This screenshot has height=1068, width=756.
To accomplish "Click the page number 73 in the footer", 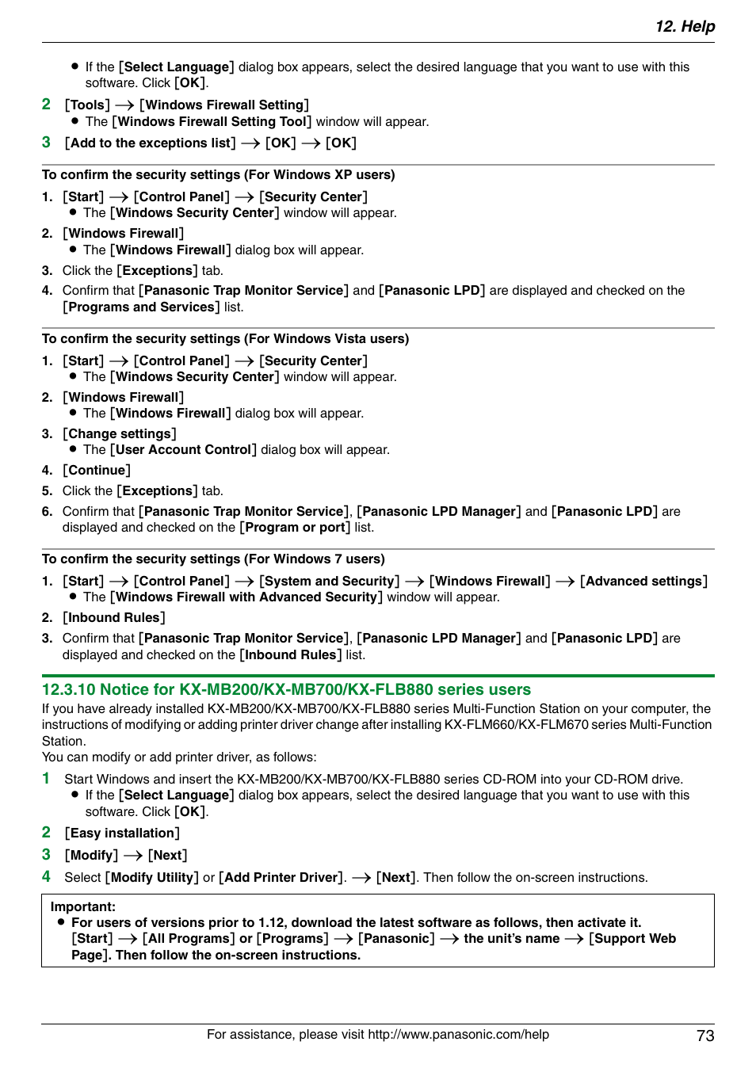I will [x=705, y=1036].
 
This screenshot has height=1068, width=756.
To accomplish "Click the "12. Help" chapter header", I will [x=685, y=26].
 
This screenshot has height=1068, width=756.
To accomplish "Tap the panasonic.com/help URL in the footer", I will [x=458, y=1034].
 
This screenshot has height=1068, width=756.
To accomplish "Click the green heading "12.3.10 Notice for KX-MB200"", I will [x=286, y=689].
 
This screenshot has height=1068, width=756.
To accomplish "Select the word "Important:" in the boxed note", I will [x=83, y=906].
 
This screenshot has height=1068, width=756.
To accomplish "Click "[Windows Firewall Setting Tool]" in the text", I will [x=212, y=121].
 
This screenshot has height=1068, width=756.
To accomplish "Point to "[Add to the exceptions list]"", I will [x=151, y=143].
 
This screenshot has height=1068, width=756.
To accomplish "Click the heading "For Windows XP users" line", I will [x=218, y=174].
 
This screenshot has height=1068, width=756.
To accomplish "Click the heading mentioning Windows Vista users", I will [x=225, y=338].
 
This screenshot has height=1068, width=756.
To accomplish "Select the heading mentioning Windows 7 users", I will [x=213, y=559].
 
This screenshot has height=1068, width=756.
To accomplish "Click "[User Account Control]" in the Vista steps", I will [x=183, y=449].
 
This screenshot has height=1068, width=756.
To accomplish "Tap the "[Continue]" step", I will [x=97, y=470].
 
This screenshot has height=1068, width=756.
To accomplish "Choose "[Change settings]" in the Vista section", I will [x=120, y=433].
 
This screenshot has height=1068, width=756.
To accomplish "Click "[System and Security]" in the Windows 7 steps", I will [x=330, y=581].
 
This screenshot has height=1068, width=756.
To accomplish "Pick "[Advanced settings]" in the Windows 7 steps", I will [x=643, y=581].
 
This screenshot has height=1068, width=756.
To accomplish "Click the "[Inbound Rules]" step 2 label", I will [x=114, y=617].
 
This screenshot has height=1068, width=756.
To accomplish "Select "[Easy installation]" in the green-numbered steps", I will [x=122, y=833].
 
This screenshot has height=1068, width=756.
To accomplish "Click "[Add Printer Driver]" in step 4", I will [x=282, y=877].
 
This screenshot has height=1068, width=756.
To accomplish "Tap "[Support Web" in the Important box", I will [x=632, y=938].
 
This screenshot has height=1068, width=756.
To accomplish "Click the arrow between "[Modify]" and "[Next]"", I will [x=133, y=855].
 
